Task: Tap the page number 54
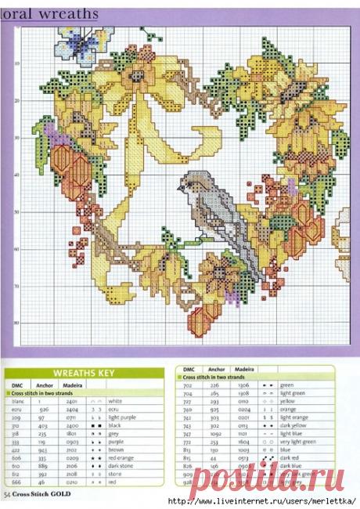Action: (7, 496)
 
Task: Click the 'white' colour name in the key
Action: (114, 400)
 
